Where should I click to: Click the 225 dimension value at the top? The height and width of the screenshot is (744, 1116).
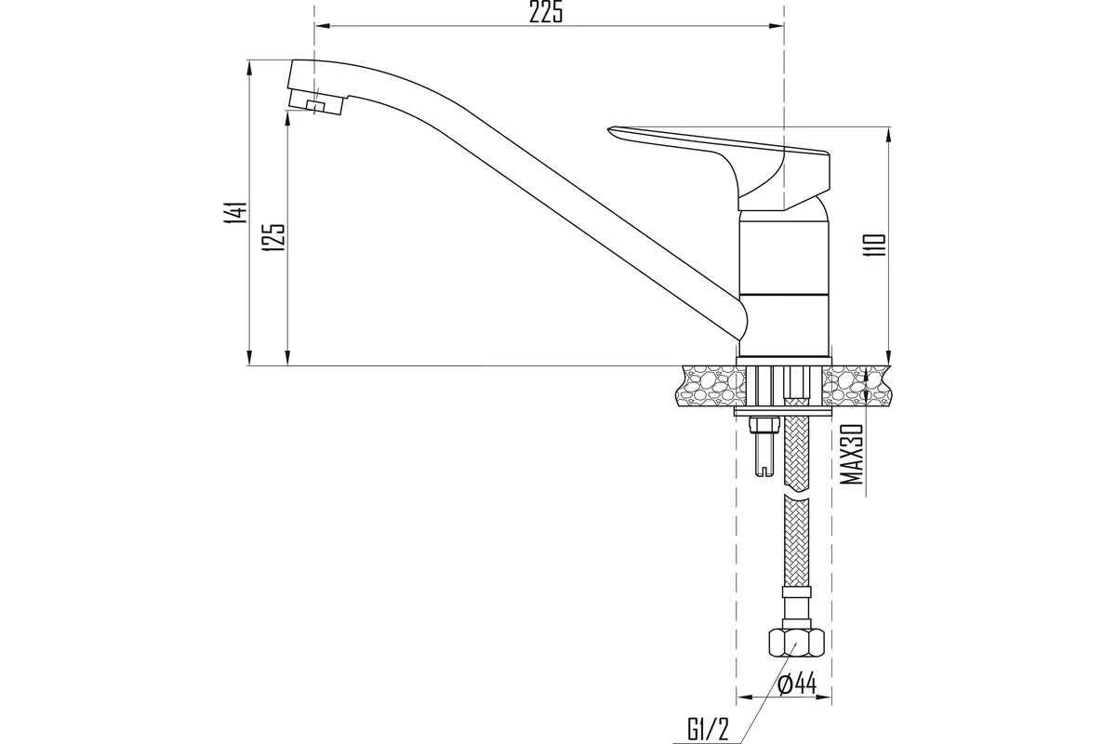click(546, 12)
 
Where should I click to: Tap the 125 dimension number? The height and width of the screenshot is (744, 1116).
click(274, 237)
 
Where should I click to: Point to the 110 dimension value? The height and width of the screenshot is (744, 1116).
click(875, 246)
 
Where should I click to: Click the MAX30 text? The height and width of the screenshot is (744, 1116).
click(852, 454)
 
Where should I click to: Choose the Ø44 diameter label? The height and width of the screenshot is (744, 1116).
click(797, 684)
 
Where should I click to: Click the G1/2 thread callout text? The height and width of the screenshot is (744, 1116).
click(709, 731)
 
